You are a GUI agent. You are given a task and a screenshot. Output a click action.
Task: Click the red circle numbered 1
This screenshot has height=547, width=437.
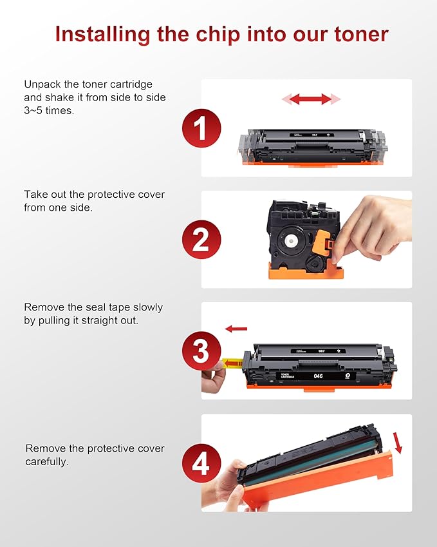pos(201,128)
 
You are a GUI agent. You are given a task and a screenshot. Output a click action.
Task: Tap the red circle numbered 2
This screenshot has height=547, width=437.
pos(201,239)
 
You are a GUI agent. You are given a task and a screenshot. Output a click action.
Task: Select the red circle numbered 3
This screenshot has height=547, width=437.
pos(201,352)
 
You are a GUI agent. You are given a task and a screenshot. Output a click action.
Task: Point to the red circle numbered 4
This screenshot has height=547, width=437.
pos(201,464)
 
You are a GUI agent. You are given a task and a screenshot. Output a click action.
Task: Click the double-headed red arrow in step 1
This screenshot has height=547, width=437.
pos(311,99)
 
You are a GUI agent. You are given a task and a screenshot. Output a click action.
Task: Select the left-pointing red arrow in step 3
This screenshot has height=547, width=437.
pos(236,329)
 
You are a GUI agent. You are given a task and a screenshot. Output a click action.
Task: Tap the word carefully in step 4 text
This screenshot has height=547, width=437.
pos(47,462)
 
